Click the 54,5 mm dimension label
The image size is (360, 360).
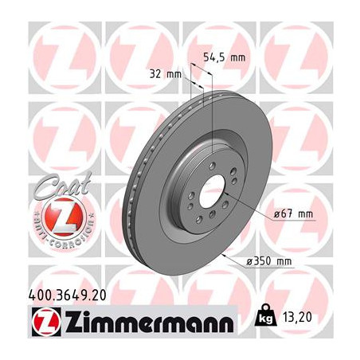pyautogui.click(x=225, y=57)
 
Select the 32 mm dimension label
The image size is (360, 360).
pyautogui.click(x=166, y=74)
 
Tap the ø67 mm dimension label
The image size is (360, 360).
pyautogui.click(x=293, y=213)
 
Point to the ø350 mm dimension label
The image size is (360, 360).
pyautogui.click(x=269, y=261)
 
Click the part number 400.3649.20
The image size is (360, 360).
pyautogui.click(x=67, y=295)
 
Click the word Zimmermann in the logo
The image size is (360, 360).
pyautogui.click(x=150, y=321)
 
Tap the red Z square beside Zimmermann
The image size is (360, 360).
pyautogui.click(x=46, y=322)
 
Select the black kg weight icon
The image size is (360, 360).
pyautogui.click(x=265, y=315)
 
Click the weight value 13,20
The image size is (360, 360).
pyautogui.click(x=298, y=317)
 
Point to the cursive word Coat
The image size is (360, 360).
pyautogui.click(x=63, y=185)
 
